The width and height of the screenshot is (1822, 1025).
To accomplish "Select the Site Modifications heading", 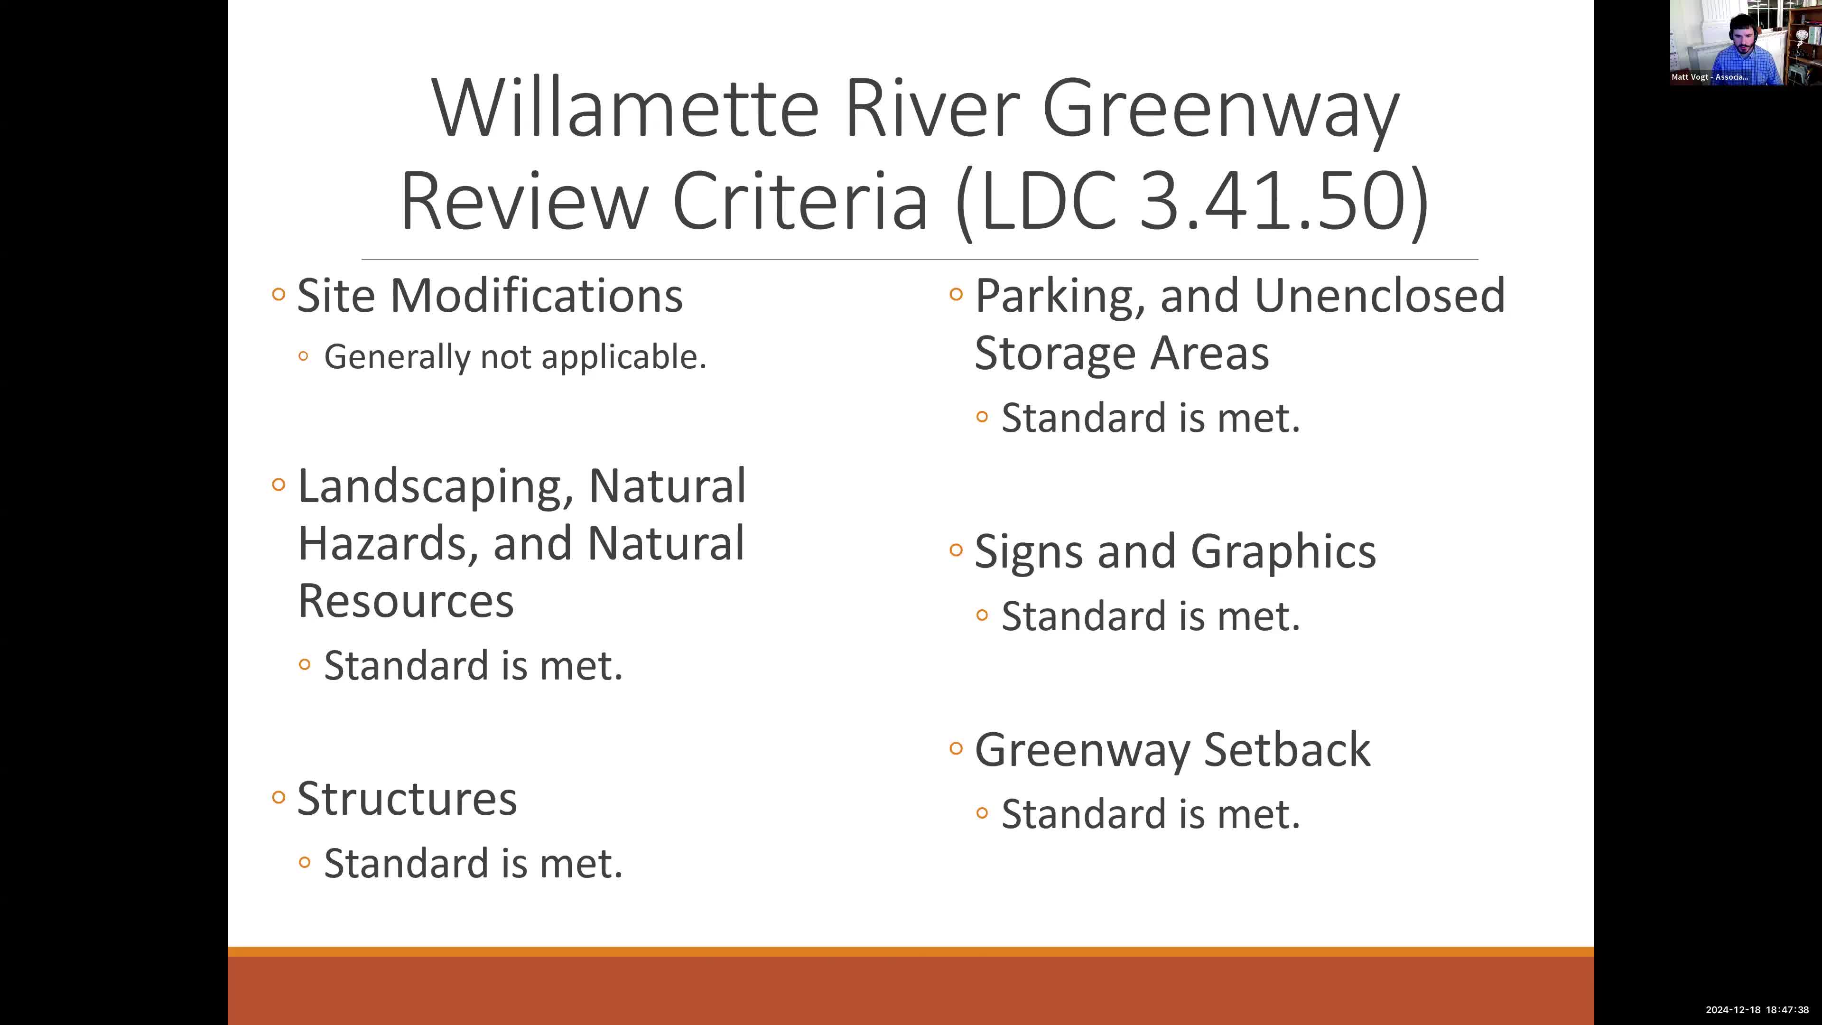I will tap(490, 296).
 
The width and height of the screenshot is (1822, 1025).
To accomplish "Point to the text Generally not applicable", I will tap(515, 356).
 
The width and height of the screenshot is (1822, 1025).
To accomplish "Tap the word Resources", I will tap(405, 601).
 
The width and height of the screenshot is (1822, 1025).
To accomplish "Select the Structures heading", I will tap(407, 799).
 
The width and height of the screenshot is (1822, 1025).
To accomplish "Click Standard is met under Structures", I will tap(473, 864).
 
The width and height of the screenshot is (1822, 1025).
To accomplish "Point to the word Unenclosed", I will tap(1379, 296).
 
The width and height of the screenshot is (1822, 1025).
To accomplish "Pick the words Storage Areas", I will tap(1121, 353).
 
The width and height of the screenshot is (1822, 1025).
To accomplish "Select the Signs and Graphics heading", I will tap(1175, 552).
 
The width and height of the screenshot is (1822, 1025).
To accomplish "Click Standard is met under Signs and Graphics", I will tap(1150, 616).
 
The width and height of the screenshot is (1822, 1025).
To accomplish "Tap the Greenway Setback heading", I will tap(1172, 750).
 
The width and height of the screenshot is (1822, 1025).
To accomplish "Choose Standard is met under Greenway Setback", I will tap(1150, 814).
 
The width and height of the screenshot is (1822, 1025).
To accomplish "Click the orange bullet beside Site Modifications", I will tap(279, 294).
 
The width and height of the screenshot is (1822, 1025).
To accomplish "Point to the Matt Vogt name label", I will tap(1709, 77).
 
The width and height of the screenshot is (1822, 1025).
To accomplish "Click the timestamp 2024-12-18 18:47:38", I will tap(1757, 1009).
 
